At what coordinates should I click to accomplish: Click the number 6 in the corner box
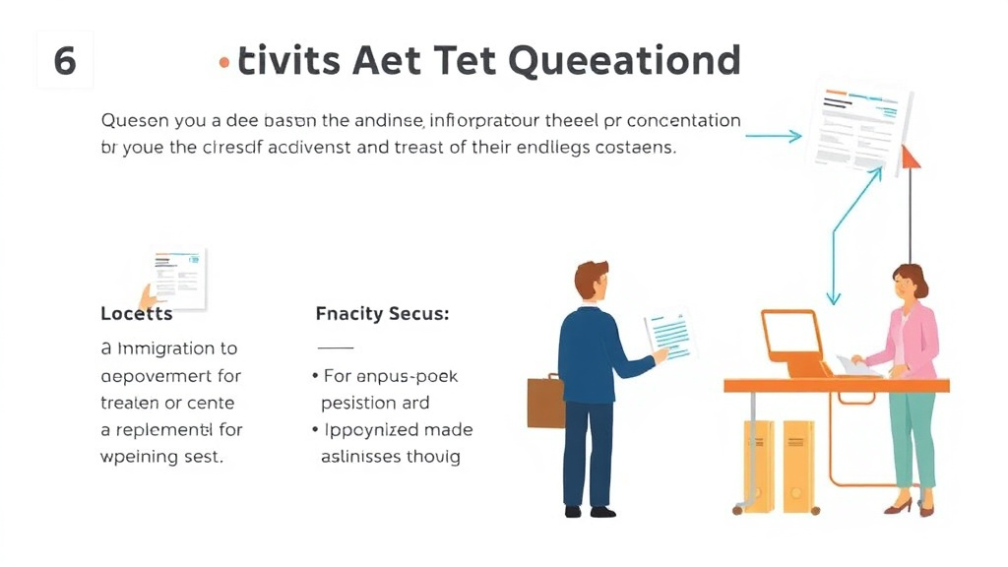[x=65, y=61]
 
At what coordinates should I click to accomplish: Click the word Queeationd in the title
[x=625, y=61]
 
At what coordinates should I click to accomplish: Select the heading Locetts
[x=137, y=314]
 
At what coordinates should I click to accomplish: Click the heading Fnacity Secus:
[x=382, y=314]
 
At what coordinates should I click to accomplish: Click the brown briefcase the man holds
[x=545, y=402]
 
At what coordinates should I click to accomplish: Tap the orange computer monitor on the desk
[x=792, y=338]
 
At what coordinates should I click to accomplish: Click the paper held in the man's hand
[x=670, y=336]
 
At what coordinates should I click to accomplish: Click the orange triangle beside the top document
[x=910, y=156]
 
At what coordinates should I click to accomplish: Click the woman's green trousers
[x=913, y=434]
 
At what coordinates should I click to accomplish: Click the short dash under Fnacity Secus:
[x=335, y=348]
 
